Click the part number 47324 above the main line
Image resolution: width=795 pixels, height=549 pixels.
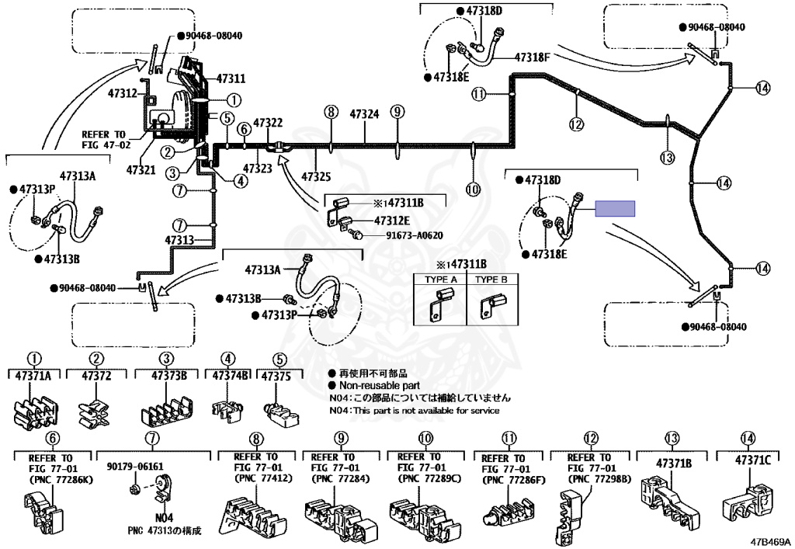(x=364, y=114)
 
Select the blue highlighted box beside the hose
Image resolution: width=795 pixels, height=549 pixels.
(x=615, y=208)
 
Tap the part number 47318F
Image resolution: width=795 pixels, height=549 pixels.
(x=533, y=57)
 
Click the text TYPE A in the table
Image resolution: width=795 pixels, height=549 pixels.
(x=441, y=280)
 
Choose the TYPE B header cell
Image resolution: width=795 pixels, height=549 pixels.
(x=491, y=280)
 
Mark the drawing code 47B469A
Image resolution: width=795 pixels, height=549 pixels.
(x=770, y=541)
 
